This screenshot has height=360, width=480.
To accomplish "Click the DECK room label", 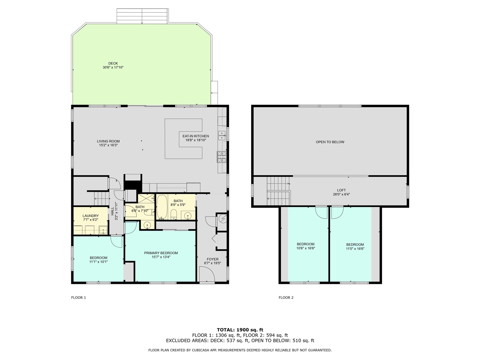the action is [x=113, y=64].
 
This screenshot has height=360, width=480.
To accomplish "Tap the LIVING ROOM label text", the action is [x=108, y=141].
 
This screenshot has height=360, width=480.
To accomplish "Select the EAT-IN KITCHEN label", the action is [x=196, y=136].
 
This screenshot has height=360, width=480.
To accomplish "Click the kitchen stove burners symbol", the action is [x=222, y=157].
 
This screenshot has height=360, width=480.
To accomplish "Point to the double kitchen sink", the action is [x=222, y=135].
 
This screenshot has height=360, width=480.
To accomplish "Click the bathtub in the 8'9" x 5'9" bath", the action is [x=162, y=207].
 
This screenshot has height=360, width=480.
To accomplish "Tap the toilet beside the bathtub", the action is [x=174, y=214].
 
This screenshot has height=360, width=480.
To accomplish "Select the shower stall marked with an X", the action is [x=146, y=198].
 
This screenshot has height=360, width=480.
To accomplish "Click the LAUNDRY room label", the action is [x=90, y=216].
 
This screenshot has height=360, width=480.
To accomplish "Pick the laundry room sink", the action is [x=103, y=230].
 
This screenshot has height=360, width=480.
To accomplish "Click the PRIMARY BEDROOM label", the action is [x=161, y=253].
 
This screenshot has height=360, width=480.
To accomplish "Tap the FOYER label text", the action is [x=213, y=259].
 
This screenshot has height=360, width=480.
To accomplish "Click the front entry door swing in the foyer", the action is [x=207, y=275].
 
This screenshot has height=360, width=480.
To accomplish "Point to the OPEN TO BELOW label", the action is [x=330, y=142].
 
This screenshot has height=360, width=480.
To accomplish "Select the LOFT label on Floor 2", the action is [x=341, y=190].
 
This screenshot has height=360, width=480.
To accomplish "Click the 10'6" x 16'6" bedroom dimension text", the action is [x=306, y=248].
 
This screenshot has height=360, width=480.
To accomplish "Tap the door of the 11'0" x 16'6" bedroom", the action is [x=337, y=213].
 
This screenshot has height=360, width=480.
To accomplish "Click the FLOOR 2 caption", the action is [x=286, y=297].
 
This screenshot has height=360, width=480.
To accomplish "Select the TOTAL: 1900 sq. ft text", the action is [x=240, y=330].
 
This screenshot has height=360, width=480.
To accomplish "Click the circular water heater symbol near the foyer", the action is [x=223, y=218].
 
